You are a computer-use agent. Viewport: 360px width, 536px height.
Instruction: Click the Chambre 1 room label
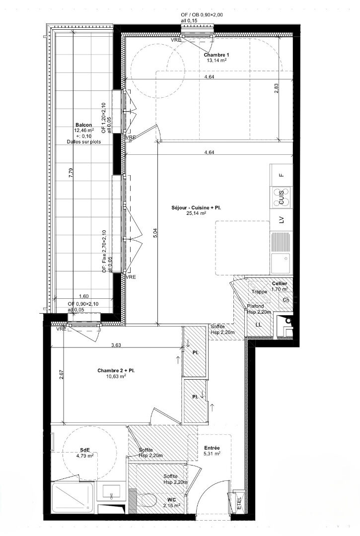(x=216, y=55)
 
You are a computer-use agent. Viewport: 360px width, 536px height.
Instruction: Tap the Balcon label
(x=84, y=125)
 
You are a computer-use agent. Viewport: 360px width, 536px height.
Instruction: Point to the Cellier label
(x=280, y=283)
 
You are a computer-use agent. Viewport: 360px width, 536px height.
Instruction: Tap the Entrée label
(x=212, y=448)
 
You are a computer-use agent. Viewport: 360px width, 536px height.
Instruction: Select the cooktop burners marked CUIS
(x=282, y=197)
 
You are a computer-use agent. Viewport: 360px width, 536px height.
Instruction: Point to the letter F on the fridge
(x=282, y=175)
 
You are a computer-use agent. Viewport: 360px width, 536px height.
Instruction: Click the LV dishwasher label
(x=282, y=220)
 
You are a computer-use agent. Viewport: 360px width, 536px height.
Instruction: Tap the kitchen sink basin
(x=281, y=263)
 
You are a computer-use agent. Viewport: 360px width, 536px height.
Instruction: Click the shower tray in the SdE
(x=73, y=497)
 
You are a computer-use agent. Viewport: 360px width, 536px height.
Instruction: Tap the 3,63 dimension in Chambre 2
(x=116, y=345)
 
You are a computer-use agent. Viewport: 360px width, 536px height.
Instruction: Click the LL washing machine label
(x=259, y=325)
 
